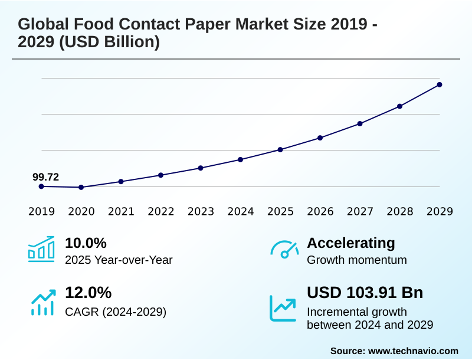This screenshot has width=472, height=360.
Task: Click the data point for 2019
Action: (41, 186)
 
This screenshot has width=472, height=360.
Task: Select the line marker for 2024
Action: (241, 159)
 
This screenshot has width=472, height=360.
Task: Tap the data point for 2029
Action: (440, 84)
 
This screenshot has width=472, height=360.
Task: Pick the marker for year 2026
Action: (320, 138)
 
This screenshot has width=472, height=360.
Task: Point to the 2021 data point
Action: (121, 181)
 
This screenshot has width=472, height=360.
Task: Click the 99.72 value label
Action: (45, 177)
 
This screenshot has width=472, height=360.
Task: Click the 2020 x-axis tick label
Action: (81, 211)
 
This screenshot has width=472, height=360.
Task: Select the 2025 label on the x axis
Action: (280, 211)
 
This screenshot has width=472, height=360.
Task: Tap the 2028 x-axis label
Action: (399, 211)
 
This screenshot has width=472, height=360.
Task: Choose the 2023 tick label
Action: (201, 211)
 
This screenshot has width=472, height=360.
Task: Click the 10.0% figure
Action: (86, 243)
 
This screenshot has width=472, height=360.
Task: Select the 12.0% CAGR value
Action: (88, 293)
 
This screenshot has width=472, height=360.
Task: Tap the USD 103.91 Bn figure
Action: (365, 293)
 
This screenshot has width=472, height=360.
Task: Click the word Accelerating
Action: (351, 243)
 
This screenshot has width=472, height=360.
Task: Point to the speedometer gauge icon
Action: (284, 250)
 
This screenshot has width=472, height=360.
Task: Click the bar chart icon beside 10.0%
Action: (41, 249)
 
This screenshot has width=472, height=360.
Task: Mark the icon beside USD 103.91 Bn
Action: (283, 308)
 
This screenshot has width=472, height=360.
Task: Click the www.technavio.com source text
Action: (413, 351)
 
